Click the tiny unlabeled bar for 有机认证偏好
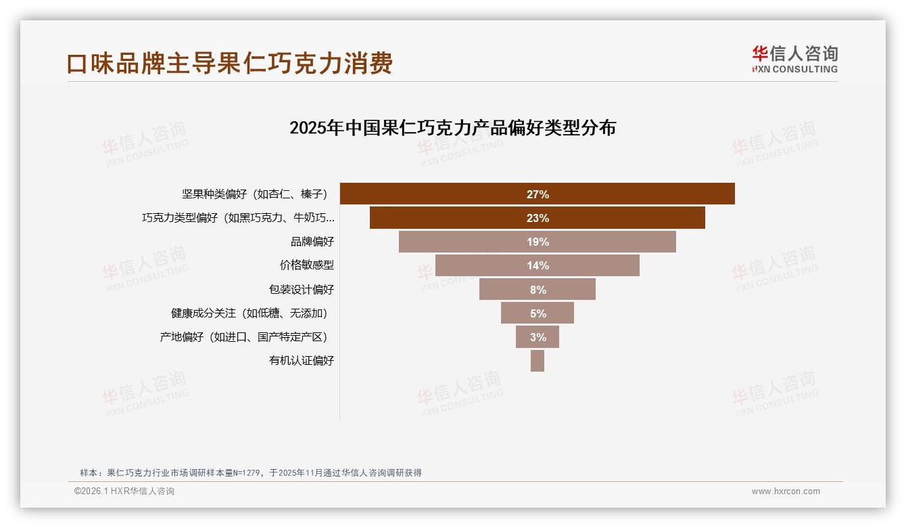click(538, 361)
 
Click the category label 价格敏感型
click(306, 265)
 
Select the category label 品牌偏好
click(312, 242)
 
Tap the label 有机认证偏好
click(301, 361)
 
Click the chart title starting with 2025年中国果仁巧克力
click(452, 128)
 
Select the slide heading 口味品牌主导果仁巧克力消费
click(229, 64)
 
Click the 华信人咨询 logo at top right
click(795, 59)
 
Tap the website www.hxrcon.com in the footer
click(786, 491)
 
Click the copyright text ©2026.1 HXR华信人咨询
click(124, 491)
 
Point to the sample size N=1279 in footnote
click(247, 473)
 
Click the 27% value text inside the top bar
click(538, 194)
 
